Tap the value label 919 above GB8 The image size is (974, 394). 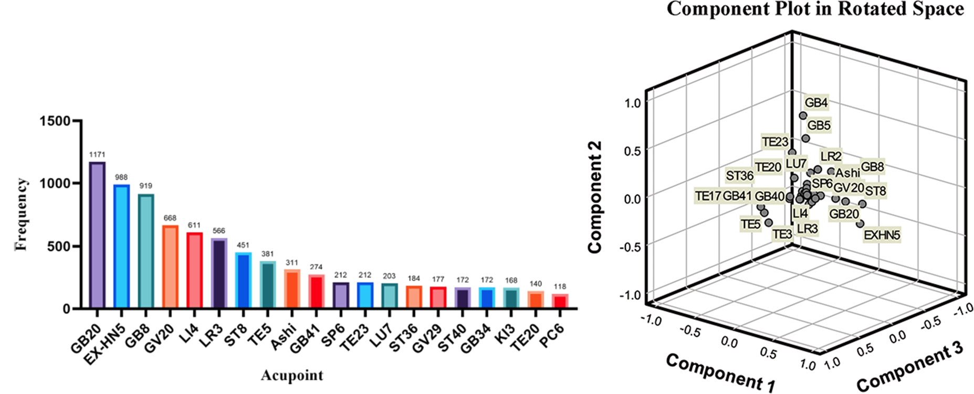coord(146,186)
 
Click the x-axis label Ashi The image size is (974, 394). coord(284,336)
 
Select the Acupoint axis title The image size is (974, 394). coord(292,376)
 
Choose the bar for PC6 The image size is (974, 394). coord(560,301)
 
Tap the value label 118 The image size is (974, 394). coord(560,286)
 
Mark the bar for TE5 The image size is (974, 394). coord(268,284)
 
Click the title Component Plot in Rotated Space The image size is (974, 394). coord(815,9)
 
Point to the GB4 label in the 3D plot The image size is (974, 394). coord(816,103)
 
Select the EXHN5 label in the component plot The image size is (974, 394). coord(882,235)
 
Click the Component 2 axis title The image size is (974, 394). coord(595,197)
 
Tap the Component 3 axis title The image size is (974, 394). coord(910,372)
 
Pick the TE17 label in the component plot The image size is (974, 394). coord(708,196)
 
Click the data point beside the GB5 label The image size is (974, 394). coord(805,139)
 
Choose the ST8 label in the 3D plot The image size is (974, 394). coord(875,191)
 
